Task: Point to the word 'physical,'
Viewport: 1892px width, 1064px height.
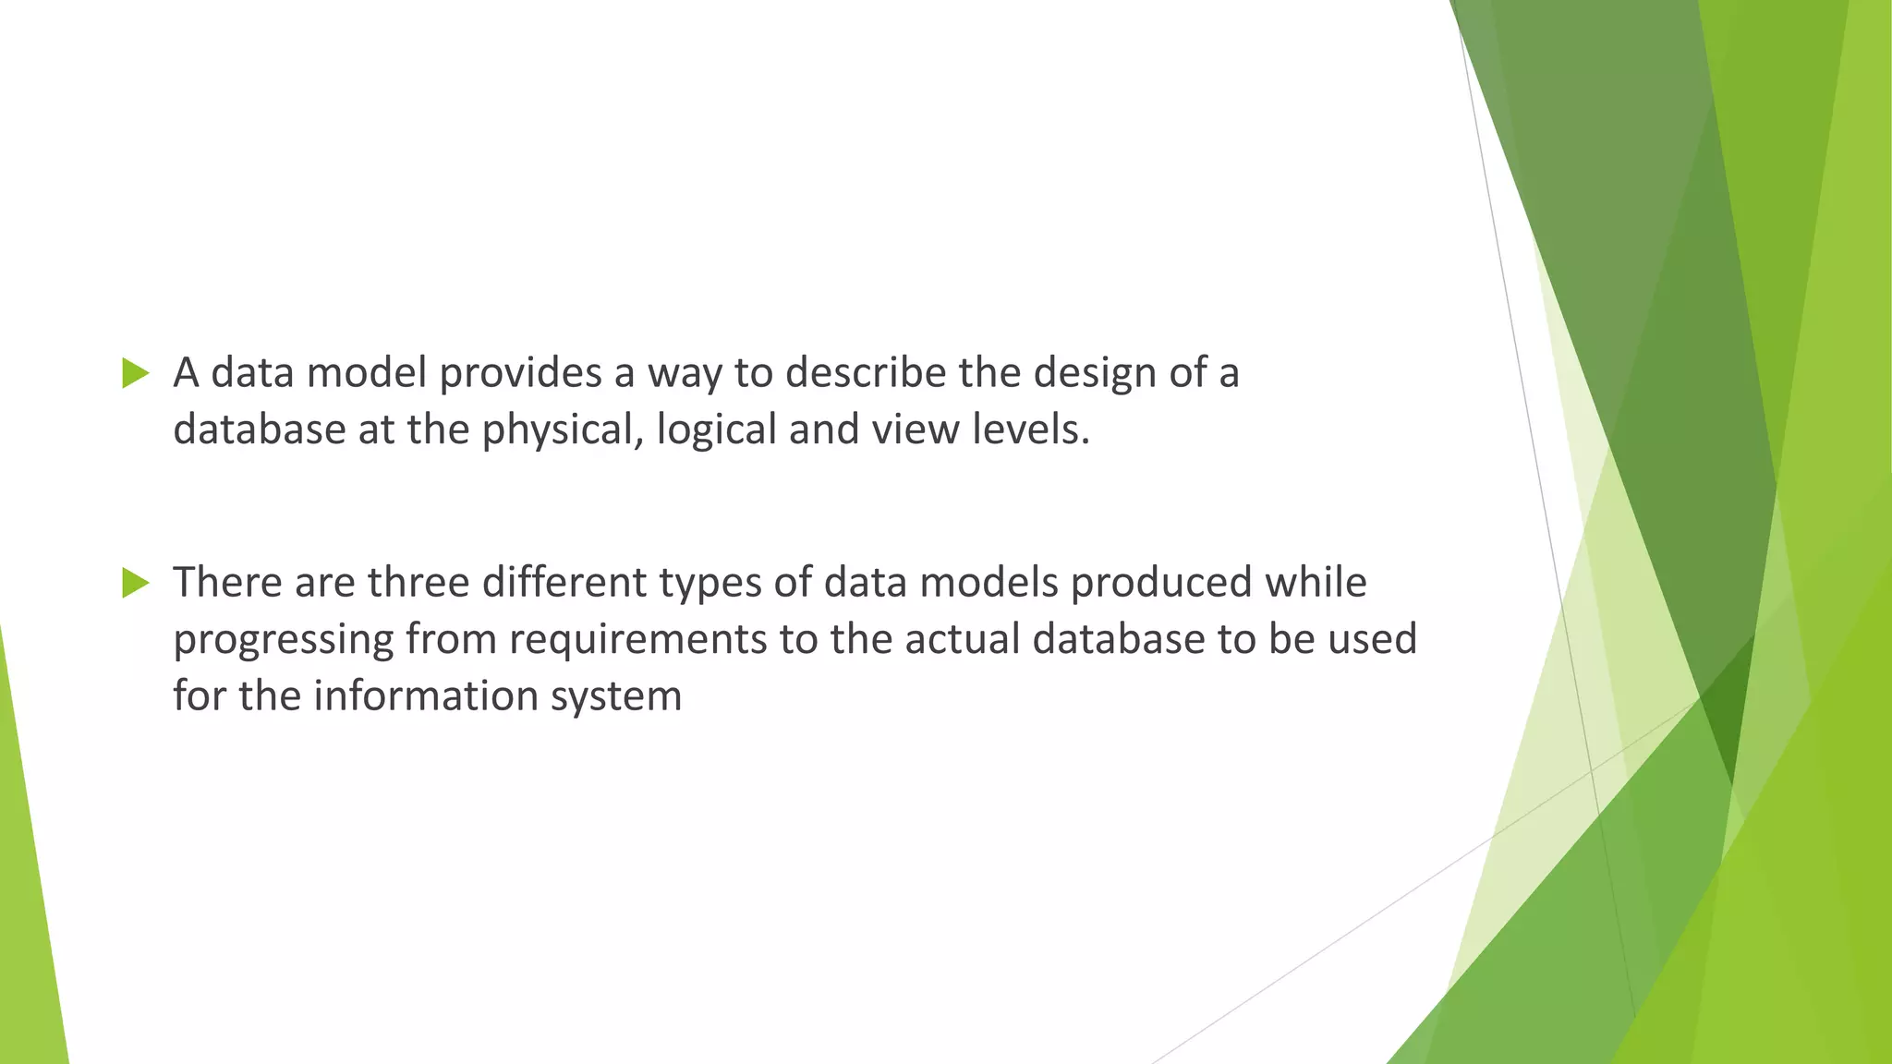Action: (x=563, y=430)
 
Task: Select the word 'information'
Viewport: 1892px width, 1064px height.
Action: (x=426, y=695)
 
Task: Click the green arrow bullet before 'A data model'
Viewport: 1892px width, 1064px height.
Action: (x=135, y=373)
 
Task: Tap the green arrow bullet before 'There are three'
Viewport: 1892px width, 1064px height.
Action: (x=135, y=583)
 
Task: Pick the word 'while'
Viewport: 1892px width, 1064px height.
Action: (x=1316, y=582)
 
